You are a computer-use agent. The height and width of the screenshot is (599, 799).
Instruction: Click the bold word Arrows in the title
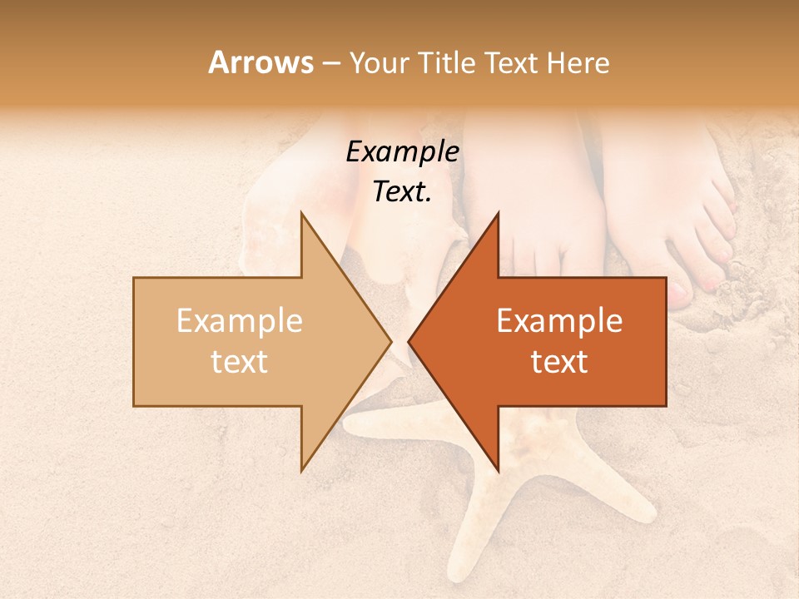pyautogui.click(x=260, y=62)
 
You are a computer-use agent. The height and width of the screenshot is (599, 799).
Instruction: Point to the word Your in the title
pyautogui.click(x=379, y=62)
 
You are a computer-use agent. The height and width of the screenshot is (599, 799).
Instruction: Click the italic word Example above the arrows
pyautogui.click(x=402, y=152)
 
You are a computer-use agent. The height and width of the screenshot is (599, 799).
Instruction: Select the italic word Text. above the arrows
pyautogui.click(x=402, y=192)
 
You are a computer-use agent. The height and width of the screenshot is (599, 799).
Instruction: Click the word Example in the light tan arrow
pyautogui.click(x=240, y=321)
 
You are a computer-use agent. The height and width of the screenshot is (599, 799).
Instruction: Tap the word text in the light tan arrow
pyautogui.click(x=240, y=362)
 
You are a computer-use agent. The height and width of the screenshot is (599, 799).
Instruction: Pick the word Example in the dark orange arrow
pyautogui.click(x=559, y=321)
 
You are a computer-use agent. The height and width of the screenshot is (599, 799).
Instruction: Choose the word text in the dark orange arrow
pyautogui.click(x=559, y=362)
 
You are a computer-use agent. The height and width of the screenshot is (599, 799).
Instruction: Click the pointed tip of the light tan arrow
pyautogui.click(x=390, y=341)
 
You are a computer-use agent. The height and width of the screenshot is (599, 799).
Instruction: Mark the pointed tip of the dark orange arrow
pyautogui.click(x=409, y=341)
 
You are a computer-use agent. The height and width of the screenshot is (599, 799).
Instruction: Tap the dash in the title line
pyautogui.click(x=330, y=63)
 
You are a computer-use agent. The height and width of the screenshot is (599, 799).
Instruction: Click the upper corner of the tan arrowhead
pyautogui.click(x=301, y=213)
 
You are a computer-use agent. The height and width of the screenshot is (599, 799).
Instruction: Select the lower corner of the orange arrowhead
pyautogui.click(x=498, y=470)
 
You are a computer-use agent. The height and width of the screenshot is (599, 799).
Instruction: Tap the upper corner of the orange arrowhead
pyautogui.click(x=498, y=213)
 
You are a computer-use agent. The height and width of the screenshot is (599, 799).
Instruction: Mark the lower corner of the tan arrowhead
pyautogui.click(x=301, y=470)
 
